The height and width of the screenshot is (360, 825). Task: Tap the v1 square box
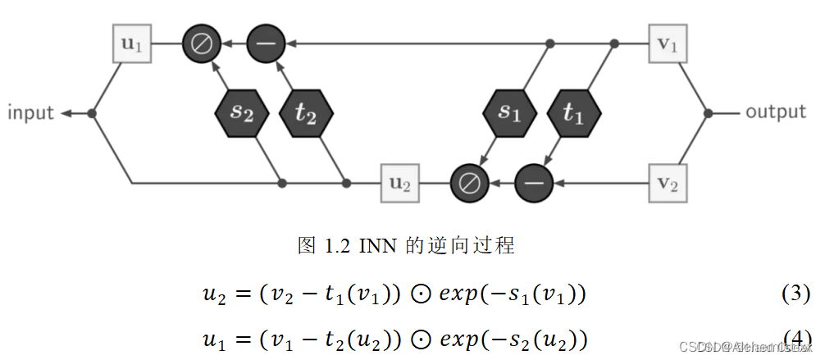click(667, 43)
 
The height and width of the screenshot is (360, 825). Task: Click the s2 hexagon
click(240, 113)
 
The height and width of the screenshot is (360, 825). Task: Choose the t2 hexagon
click(305, 113)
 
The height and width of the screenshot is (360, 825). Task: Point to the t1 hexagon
click(572, 113)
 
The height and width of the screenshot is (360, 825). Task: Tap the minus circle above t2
click(265, 43)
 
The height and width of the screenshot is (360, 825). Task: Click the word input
click(30, 113)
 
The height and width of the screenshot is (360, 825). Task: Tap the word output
click(775, 112)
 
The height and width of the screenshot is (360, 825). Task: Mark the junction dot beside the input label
click(92, 113)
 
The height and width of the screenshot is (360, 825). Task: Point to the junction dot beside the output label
click(708, 113)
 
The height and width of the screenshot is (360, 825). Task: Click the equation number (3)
click(795, 293)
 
